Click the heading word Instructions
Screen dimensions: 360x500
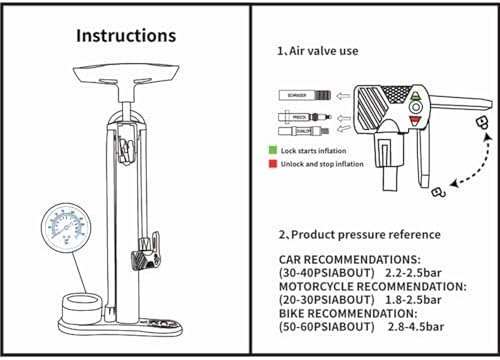tap(126, 35)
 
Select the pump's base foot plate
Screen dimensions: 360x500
tap(126, 321)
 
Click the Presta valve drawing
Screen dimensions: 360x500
tap(297, 118)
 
